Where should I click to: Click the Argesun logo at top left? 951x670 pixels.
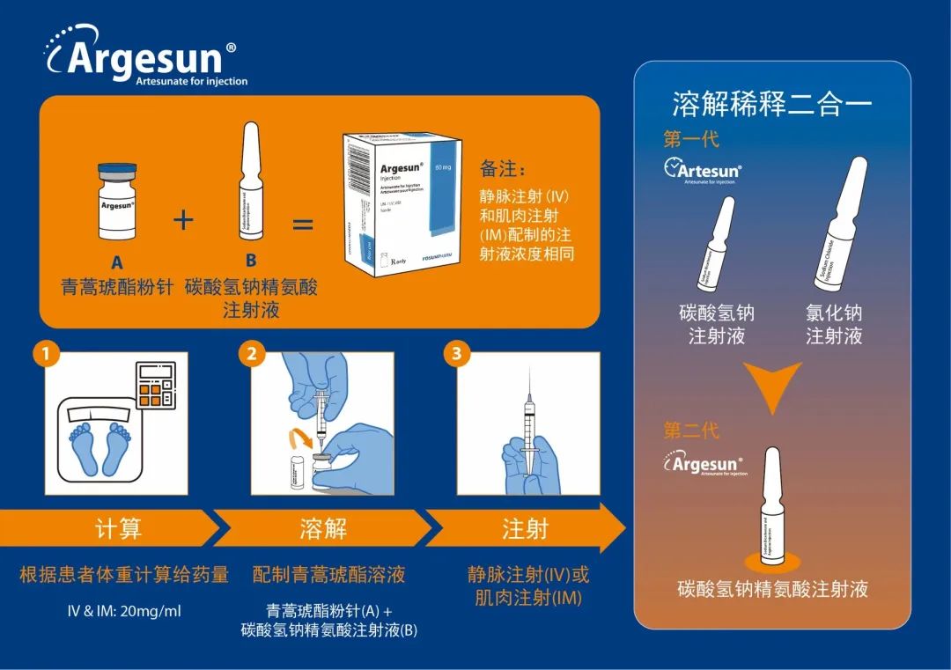click(x=145, y=57)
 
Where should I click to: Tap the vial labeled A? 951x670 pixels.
click(x=117, y=202)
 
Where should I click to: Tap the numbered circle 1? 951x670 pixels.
click(x=46, y=355)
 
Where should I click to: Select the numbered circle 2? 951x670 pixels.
click(x=253, y=355)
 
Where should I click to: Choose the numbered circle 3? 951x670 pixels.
click(x=456, y=355)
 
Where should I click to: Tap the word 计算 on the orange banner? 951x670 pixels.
click(x=118, y=528)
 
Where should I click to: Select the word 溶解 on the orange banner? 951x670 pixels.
click(x=323, y=528)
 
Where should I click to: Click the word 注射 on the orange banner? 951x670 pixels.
click(x=526, y=528)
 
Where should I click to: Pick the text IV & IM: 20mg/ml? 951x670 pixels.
click(x=124, y=611)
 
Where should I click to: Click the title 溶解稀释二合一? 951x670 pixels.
click(x=772, y=105)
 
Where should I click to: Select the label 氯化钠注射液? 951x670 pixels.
click(x=834, y=324)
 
